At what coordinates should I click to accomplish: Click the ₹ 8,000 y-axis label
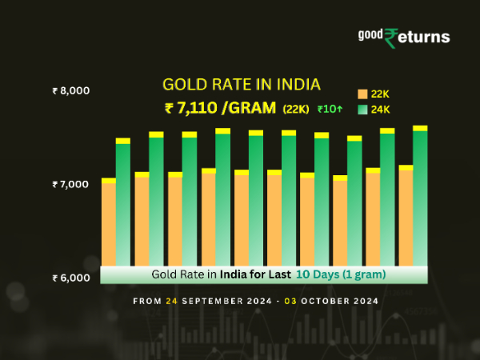coord(70,91)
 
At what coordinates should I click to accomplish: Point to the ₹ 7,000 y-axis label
coord(70,185)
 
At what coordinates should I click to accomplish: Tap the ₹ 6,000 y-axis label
coord(70,278)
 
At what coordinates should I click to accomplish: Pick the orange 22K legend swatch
coord(362,93)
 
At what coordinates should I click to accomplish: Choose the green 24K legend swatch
coord(362,109)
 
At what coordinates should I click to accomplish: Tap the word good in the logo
coord(371,34)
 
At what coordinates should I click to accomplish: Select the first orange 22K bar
coord(109,224)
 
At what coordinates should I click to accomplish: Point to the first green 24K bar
coord(123,204)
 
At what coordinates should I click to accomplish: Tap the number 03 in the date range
coord(296,302)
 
